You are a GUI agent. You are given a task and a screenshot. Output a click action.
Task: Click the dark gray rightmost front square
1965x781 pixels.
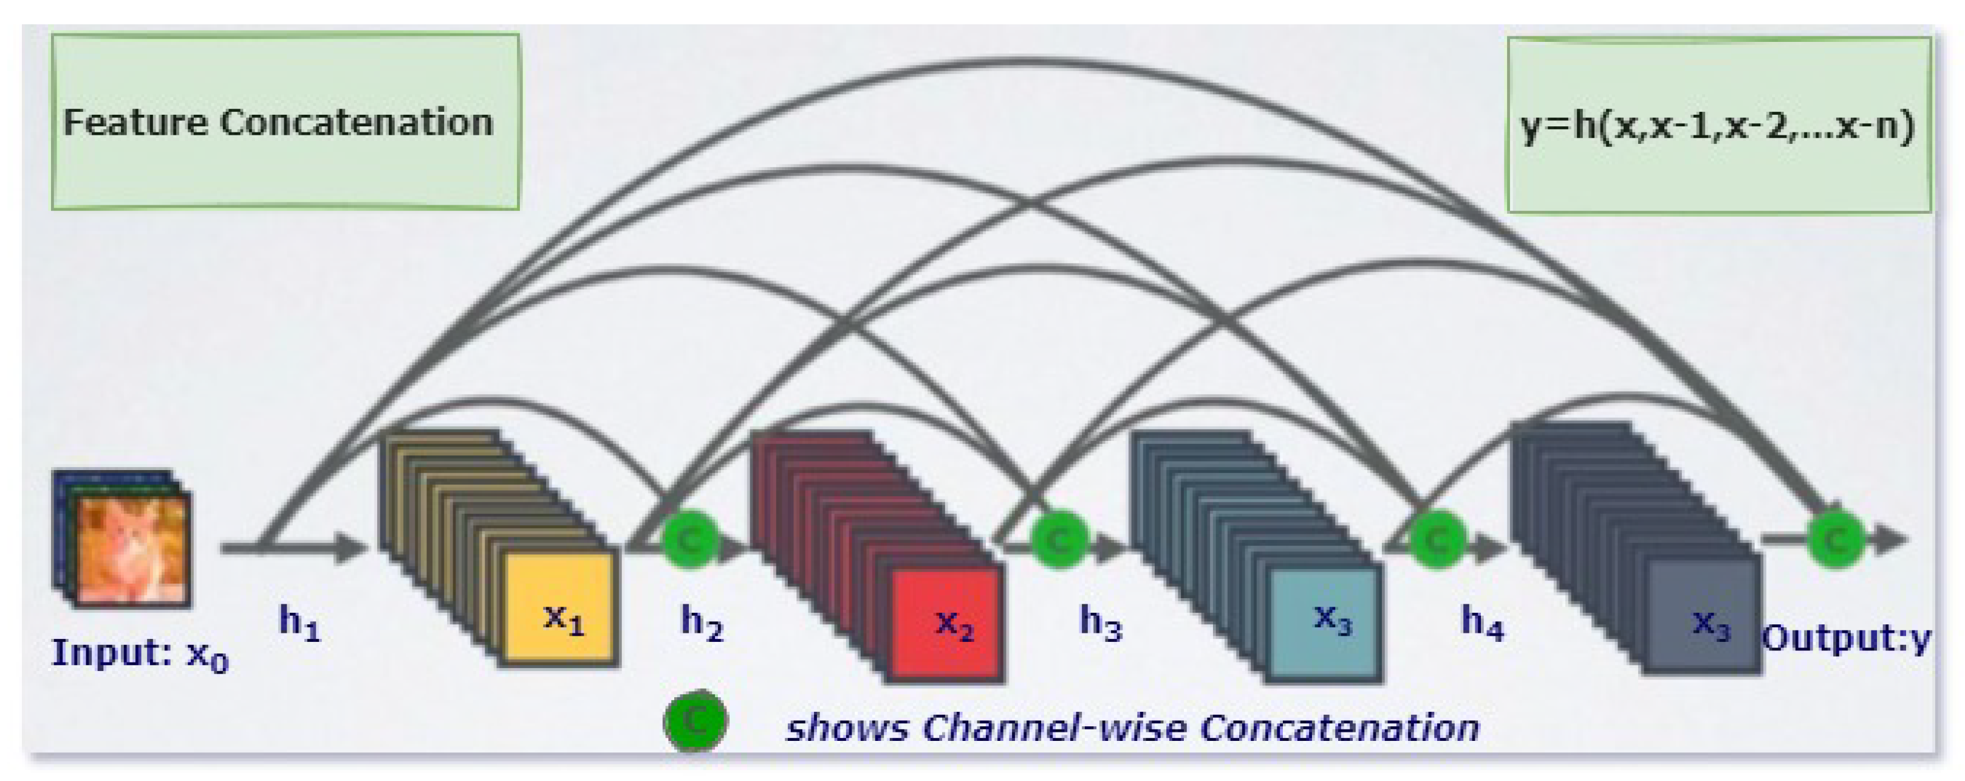pyautogui.click(x=1703, y=615)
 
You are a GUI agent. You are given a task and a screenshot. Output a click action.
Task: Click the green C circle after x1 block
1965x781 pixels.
pyautogui.click(x=689, y=539)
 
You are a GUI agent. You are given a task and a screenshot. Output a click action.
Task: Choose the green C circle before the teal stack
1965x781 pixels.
pyautogui.click(x=1059, y=539)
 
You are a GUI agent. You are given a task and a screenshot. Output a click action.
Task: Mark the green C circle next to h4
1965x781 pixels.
pyautogui.click(x=1437, y=539)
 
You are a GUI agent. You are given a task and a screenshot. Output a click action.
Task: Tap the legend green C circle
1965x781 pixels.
pyautogui.click(x=695, y=720)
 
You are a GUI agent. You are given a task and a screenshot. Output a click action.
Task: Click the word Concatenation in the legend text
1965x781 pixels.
pyautogui.click(x=1339, y=727)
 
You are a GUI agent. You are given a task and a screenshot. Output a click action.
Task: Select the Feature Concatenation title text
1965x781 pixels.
pyautogui.click(x=278, y=122)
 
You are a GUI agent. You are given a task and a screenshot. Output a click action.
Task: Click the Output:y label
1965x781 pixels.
pyautogui.click(x=1846, y=638)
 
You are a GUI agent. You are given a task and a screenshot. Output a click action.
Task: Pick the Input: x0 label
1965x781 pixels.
pyautogui.click(x=140, y=653)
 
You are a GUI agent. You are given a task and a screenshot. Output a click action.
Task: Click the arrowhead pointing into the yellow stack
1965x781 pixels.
pyautogui.click(x=352, y=547)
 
